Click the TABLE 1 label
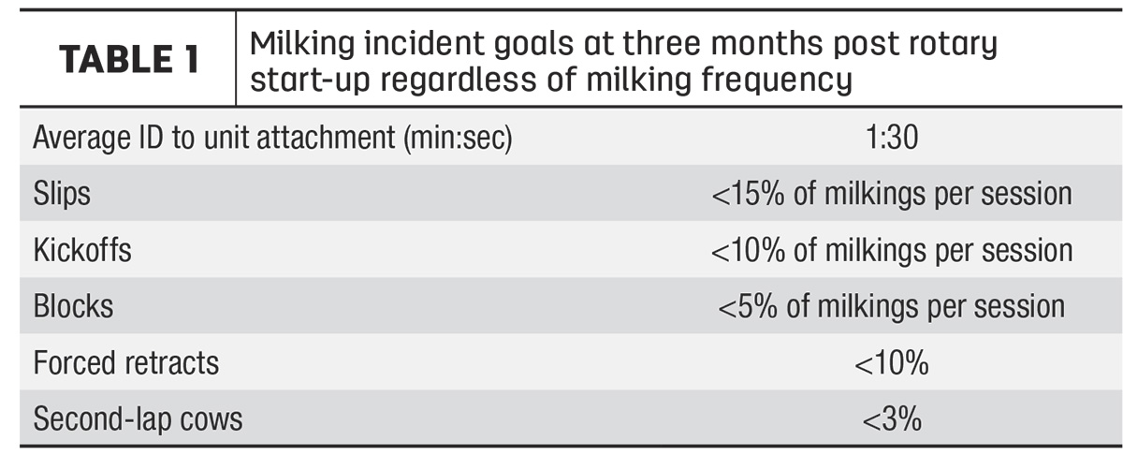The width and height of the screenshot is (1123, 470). pyautogui.click(x=129, y=59)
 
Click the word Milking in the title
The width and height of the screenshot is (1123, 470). pyautogui.click(x=302, y=45)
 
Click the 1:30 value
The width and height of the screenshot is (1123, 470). pyautogui.click(x=892, y=137)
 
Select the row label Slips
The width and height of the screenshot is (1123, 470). pyautogui.click(x=62, y=194)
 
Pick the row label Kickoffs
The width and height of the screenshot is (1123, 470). pyautogui.click(x=82, y=250)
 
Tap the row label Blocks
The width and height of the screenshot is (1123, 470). pyautogui.click(x=73, y=306)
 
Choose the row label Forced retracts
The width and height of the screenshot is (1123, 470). pyautogui.click(x=126, y=362)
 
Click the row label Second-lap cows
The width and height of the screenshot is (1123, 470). pyautogui.click(x=138, y=419)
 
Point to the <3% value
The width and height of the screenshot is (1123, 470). pyautogui.click(x=892, y=419)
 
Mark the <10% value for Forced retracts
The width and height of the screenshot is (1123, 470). pyautogui.click(x=891, y=362)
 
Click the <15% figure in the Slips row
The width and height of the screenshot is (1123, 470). pyautogui.click(x=748, y=194)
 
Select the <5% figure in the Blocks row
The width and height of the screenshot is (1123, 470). pyautogui.click(x=748, y=306)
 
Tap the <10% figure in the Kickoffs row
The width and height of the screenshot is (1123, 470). pyautogui.click(x=748, y=250)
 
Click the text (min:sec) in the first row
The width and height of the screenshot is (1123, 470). pyautogui.click(x=459, y=138)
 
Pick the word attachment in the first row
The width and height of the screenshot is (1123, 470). pyautogui.click(x=326, y=137)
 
